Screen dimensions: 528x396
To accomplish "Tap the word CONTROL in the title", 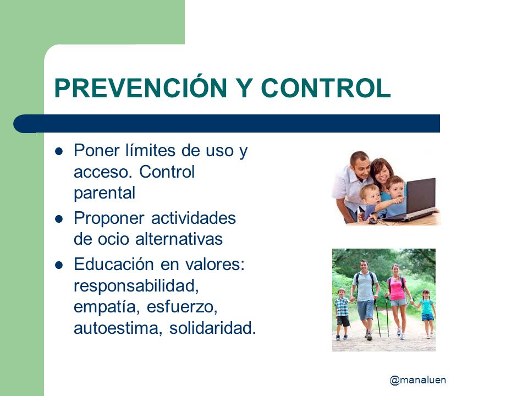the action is point(326,88).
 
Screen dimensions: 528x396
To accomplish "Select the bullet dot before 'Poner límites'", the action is point(59,151).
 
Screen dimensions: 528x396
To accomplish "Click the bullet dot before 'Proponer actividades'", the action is point(59,219).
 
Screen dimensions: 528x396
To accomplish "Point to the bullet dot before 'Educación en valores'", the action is point(59,265).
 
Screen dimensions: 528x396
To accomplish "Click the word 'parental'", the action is point(105,194).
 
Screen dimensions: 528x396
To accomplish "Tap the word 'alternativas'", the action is point(179,239).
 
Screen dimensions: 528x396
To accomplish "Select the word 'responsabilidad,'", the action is point(136,286).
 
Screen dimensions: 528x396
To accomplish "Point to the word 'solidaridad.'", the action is point(213,328).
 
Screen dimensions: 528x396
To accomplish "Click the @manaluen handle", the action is point(418,380).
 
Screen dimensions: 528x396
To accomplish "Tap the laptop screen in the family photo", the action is point(421,196).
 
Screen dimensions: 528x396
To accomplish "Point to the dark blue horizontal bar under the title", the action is point(227,124).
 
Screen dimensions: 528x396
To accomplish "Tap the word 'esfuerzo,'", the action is point(182,307).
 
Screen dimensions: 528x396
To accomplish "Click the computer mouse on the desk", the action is point(372,221).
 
